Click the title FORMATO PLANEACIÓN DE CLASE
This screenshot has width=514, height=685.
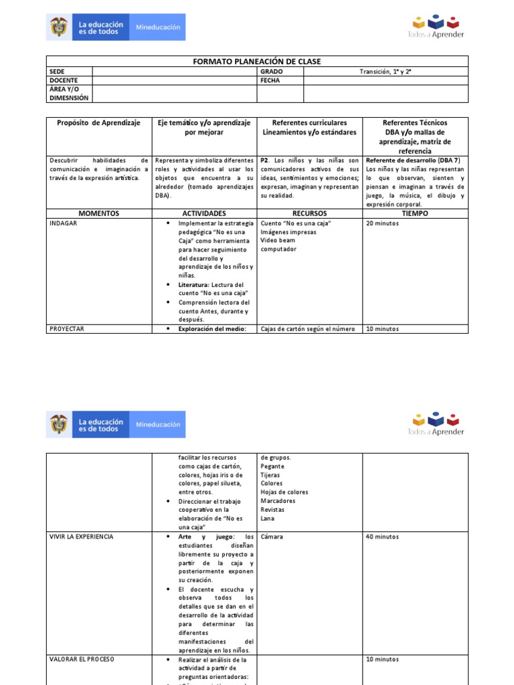point(257,62)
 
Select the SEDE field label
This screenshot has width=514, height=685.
point(58,72)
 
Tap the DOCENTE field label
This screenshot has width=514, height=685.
point(64,80)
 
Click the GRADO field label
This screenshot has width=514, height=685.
point(272,72)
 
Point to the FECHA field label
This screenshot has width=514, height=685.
point(270,80)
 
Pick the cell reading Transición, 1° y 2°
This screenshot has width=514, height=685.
point(385,72)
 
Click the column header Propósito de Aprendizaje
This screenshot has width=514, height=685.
point(99,123)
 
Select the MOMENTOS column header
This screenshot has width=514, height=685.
point(99,213)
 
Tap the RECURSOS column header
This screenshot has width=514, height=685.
point(309,213)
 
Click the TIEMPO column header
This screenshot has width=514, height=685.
point(415,213)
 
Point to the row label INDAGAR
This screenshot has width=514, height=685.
point(64,223)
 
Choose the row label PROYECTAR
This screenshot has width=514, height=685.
point(67,328)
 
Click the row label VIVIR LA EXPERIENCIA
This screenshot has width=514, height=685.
point(81,536)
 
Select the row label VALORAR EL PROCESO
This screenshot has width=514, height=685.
point(82,659)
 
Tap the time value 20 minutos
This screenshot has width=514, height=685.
point(382,223)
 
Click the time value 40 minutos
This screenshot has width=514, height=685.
point(382,536)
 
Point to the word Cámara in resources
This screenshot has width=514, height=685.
point(272,536)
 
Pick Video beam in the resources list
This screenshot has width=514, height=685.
point(277,240)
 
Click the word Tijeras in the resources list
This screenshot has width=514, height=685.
point(271,474)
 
